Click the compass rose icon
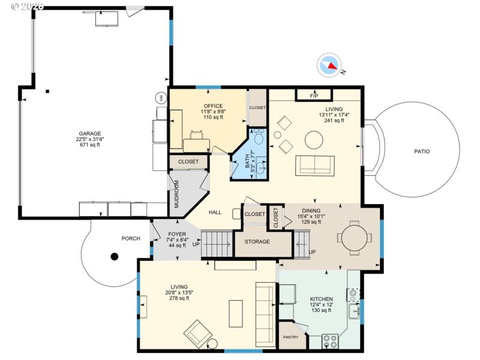[329, 65]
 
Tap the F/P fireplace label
[314, 95]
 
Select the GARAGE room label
[90, 134]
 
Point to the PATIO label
[422, 152]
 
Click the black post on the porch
[114, 257]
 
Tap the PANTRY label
[290, 337]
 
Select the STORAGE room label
[257, 242]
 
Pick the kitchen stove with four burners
[330, 341]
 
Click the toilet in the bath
[259, 137]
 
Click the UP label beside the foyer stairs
[196, 244]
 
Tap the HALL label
[215, 212]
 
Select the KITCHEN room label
[321, 299]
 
